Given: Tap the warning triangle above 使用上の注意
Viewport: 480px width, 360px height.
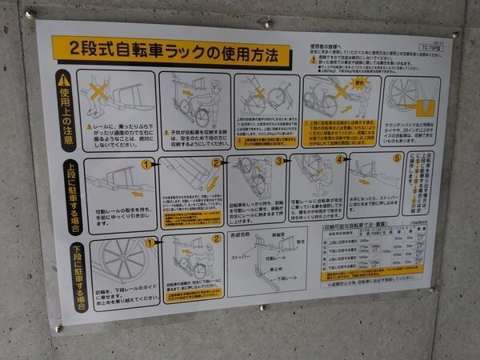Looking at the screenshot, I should click(63, 81).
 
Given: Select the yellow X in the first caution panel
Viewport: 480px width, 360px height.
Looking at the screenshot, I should click(98, 90).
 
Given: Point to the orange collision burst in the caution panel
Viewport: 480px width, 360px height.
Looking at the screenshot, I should click(359, 82).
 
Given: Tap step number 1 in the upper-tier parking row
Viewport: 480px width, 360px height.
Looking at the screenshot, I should click(146, 165).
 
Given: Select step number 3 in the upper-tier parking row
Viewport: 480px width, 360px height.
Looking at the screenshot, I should click(279, 161).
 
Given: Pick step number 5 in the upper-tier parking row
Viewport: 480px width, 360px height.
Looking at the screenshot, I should click(398, 158).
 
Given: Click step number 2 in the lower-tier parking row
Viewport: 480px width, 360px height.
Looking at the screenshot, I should click(216, 238).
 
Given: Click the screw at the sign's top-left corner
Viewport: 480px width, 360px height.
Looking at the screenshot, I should click(30, 14).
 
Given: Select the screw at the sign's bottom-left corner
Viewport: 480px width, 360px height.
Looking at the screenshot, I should click(57, 329).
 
